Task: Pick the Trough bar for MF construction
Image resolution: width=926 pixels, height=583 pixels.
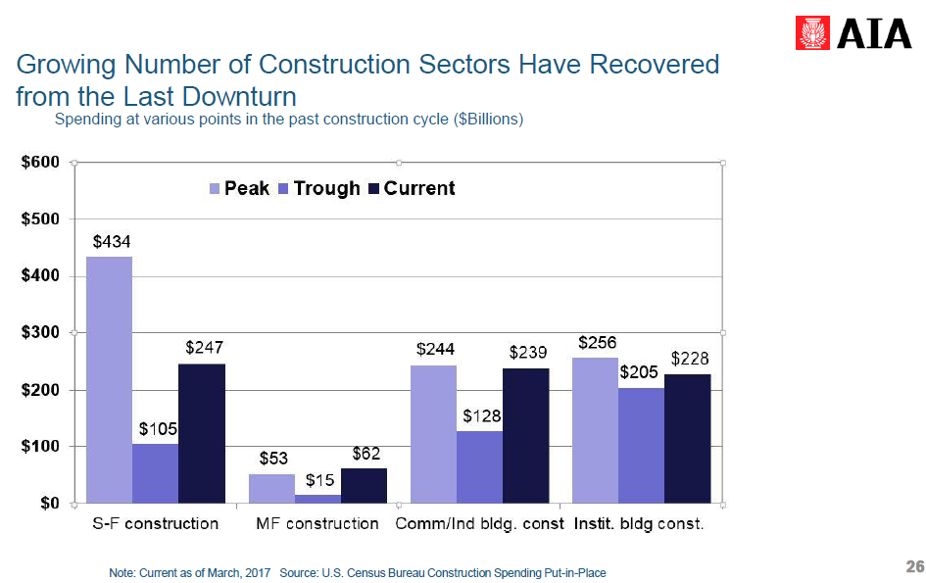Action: click(x=317, y=499)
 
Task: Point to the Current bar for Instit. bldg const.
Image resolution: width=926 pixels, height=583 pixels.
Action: click(x=687, y=438)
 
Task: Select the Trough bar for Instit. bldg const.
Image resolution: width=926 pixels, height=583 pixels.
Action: click(x=641, y=445)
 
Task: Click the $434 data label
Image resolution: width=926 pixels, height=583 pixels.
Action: click(x=112, y=241)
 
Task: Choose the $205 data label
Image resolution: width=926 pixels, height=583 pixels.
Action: click(x=639, y=373)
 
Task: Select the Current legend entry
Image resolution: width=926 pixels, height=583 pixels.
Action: click(x=412, y=188)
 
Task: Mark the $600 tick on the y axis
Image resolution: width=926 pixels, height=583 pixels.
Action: click(x=42, y=162)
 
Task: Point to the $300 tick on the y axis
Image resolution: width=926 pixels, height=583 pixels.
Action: click(x=42, y=333)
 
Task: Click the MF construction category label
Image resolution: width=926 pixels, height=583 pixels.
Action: click(x=317, y=523)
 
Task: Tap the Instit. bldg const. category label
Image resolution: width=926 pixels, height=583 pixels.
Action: click(x=639, y=523)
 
